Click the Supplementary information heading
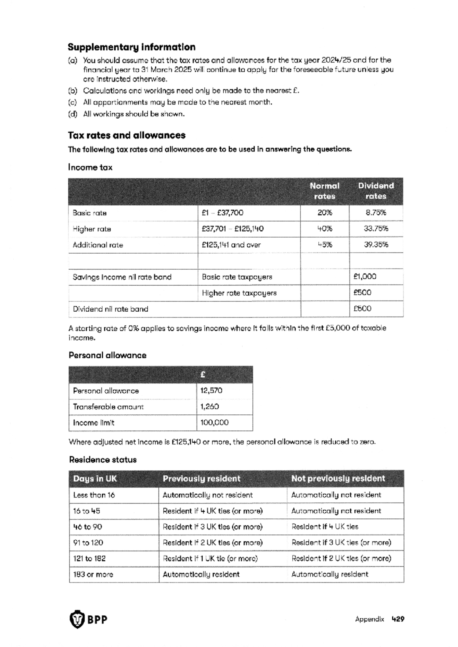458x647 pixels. pyautogui.click(x=131, y=47)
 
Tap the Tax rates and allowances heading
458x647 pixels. pyautogui.click(x=126, y=135)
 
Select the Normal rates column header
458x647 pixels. pyautogui.click(x=324, y=191)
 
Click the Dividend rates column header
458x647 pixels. pyautogui.click(x=376, y=191)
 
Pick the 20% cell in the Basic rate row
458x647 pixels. pyautogui.click(x=324, y=213)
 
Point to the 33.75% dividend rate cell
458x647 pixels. pyautogui.click(x=376, y=229)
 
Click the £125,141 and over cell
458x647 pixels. pyautogui.click(x=231, y=245)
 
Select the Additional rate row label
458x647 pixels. pyautogui.click(x=98, y=245)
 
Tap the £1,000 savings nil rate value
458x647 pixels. pyautogui.click(x=364, y=277)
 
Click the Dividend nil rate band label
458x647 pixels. pyautogui.click(x=110, y=309)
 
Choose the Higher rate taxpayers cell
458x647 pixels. pyautogui.click(x=239, y=293)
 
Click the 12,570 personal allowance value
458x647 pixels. pyautogui.click(x=211, y=391)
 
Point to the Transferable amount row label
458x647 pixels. pyautogui.click(x=108, y=407)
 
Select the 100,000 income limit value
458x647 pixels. pyautogui.click(x=214, y=423)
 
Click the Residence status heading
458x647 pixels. pyautogui.click(x=103, y=460)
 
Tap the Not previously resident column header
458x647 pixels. pyautogui.click(x=338, y=478)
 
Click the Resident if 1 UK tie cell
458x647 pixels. pyautogui.click(x=210, y=558)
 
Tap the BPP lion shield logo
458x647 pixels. pyautogui.click(x=77, y=619)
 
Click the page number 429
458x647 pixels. pyautogui.click(x=398, y=619)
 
